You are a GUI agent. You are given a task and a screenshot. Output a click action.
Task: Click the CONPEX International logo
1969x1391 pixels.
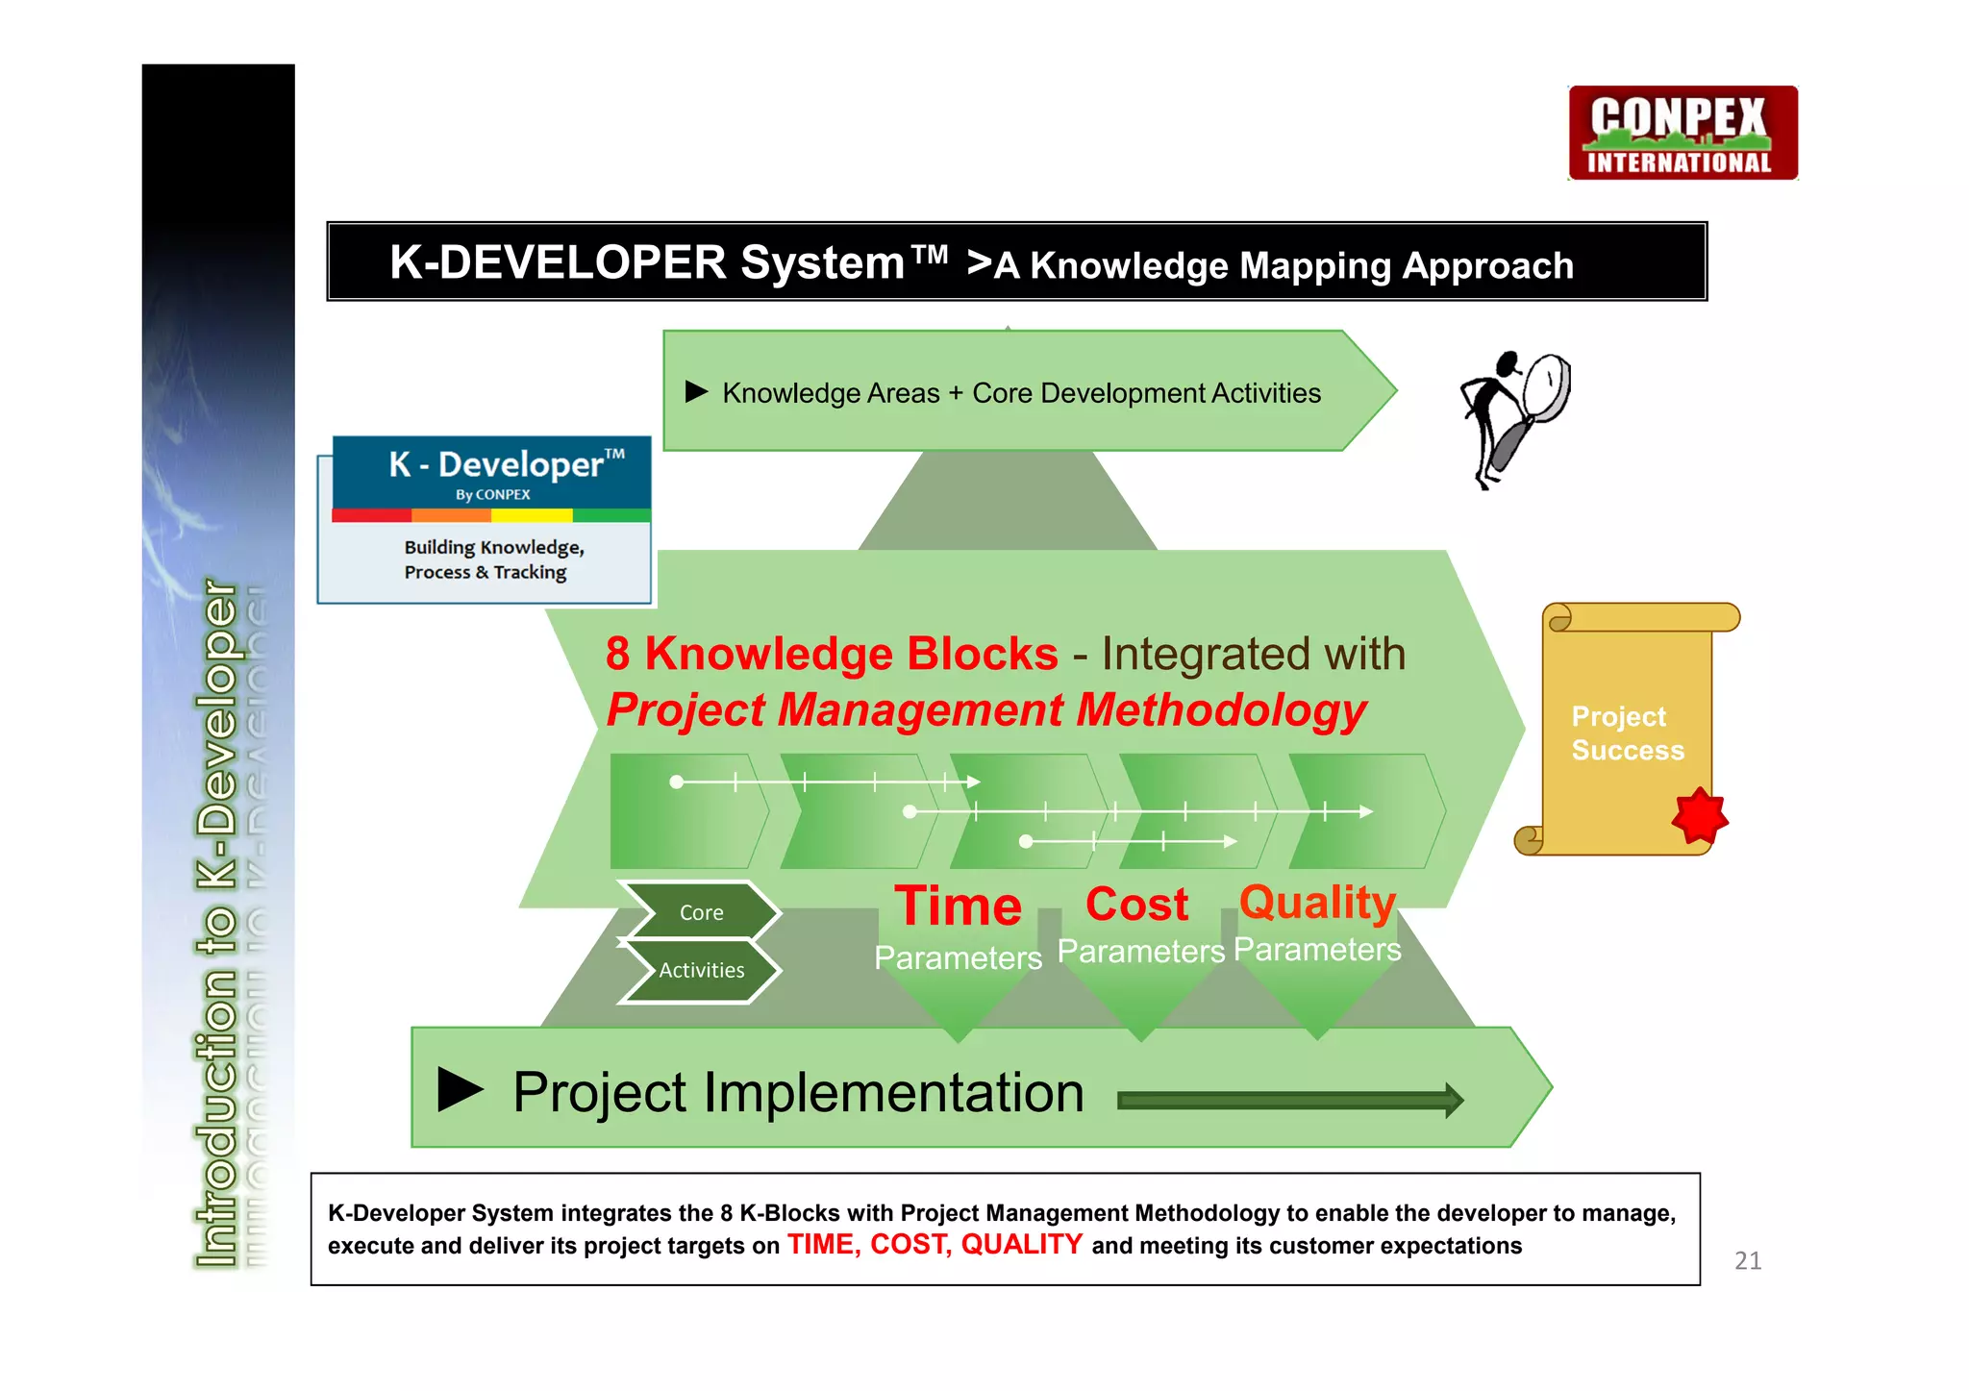click(1682, 134)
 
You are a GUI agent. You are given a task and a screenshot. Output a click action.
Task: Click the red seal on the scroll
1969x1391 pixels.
click(1699, 817)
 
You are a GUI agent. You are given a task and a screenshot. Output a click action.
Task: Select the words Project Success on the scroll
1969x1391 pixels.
click(1627, 733)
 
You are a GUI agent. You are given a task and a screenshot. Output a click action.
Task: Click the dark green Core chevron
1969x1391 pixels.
click(700, 911)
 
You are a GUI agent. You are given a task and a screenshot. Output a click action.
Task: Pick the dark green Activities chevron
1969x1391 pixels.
click(700, 970)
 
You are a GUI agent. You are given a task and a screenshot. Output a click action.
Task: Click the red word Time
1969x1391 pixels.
click(958, 907)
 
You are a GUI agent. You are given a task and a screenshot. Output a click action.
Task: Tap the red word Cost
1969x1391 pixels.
click(1136, 905)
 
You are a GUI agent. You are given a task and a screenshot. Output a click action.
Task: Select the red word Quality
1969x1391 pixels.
click(1316, 902)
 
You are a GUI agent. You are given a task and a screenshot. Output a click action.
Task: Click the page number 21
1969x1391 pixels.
click(1747, 1260)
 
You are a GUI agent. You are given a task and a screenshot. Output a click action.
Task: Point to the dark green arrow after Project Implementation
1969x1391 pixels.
click(1289, 1100)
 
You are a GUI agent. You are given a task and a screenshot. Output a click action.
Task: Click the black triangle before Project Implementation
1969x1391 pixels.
click(460, 1089)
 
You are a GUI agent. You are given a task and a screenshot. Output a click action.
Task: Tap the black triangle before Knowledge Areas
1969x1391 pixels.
click(696, 391)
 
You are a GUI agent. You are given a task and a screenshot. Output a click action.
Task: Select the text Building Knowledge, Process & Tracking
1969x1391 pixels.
click(493, 559)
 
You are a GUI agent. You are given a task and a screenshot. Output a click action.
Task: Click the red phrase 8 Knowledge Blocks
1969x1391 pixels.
click(832, 654)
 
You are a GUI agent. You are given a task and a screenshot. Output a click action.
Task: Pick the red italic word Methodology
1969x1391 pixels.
click(1221, 710)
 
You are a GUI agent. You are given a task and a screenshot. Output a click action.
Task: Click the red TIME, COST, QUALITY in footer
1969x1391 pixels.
click(935, 1245)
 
